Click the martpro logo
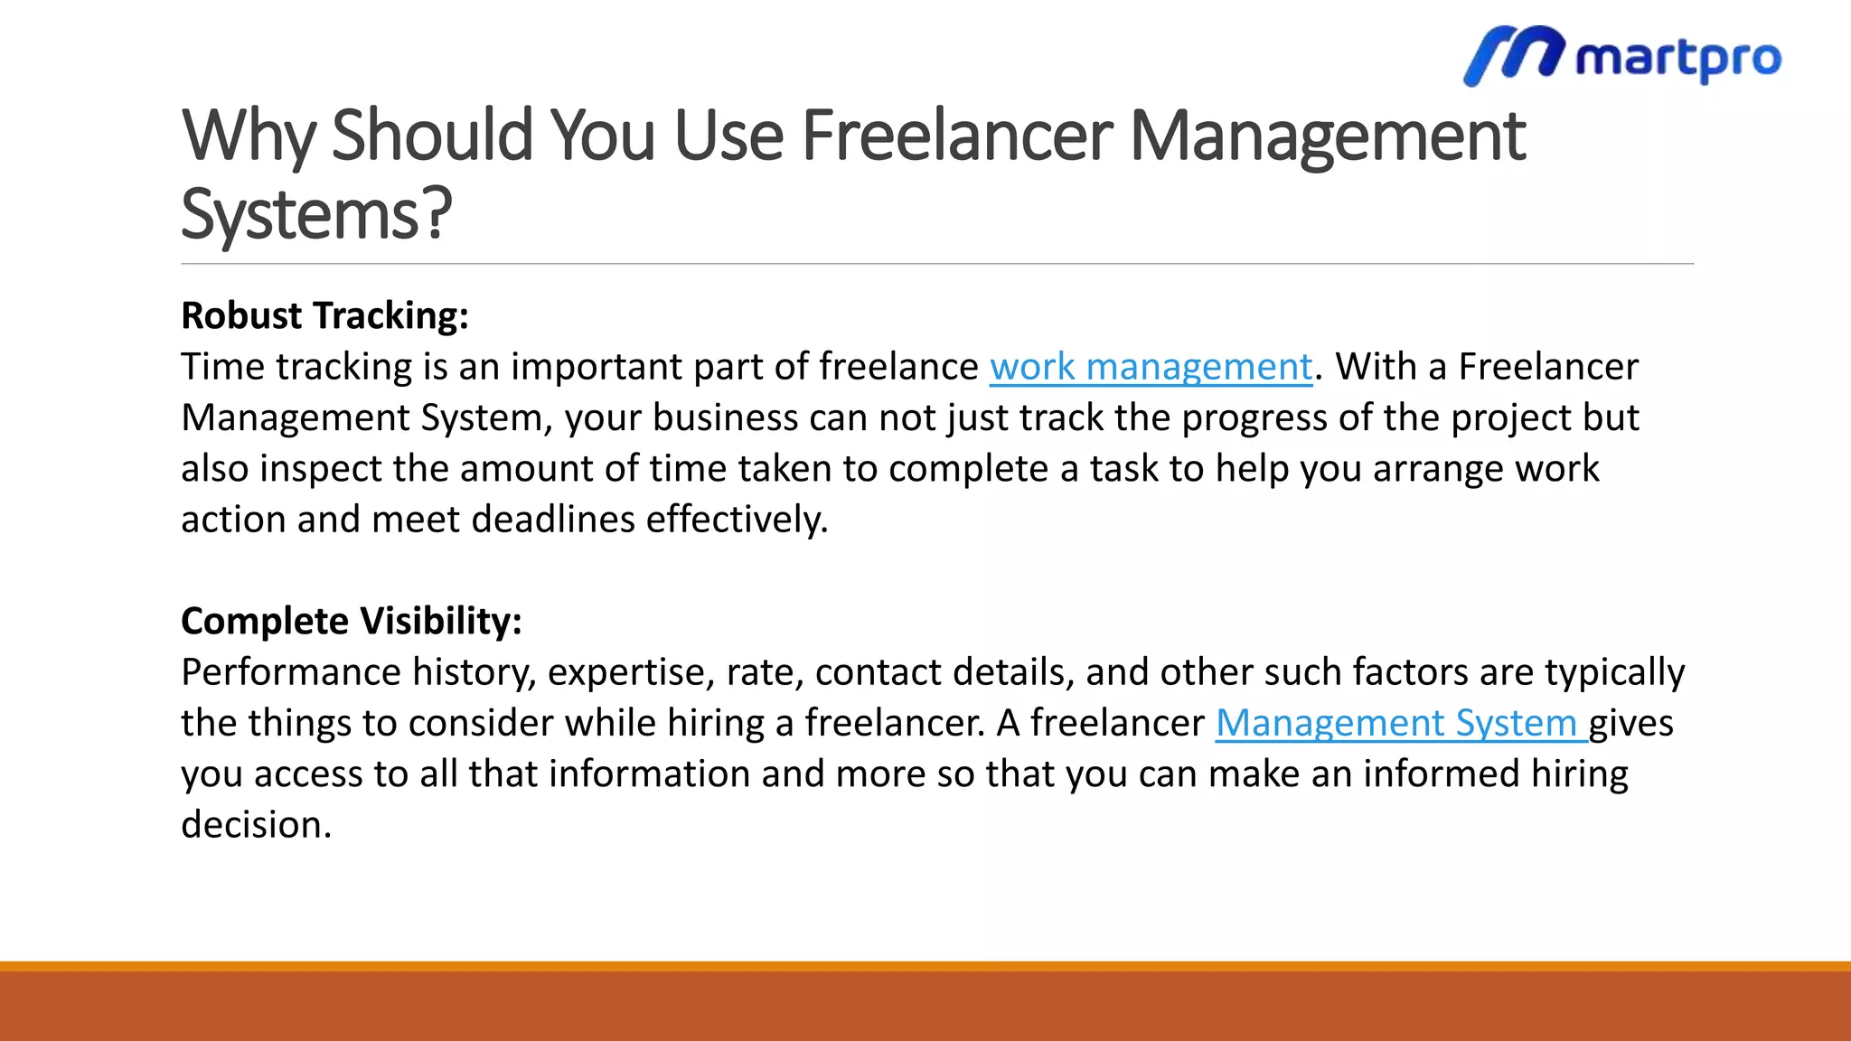[1622, 56]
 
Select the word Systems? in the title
[316, 214]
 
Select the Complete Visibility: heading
[352, 621]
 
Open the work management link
[1151, 367]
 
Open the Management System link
[1400, 723]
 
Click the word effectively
[737, 520]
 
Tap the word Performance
[290, 672]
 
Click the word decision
[256, 825]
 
